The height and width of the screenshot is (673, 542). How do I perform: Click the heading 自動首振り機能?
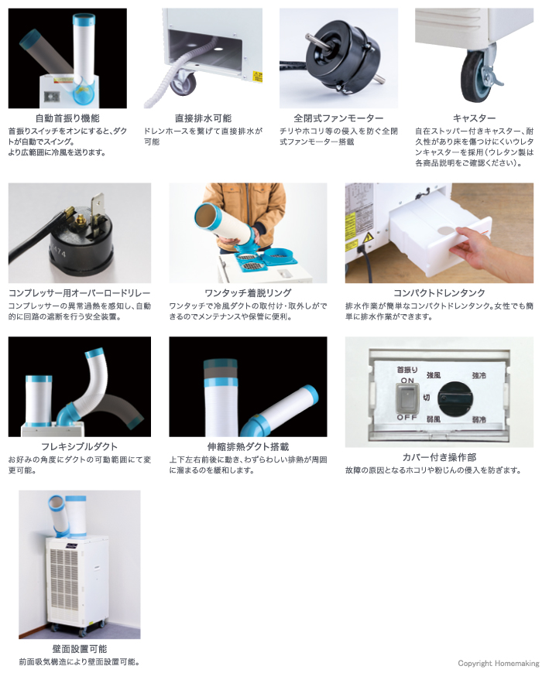pos(67,118)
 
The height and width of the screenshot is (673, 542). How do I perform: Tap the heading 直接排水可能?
pos(202,118)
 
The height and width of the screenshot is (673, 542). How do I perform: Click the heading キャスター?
pos(474,118)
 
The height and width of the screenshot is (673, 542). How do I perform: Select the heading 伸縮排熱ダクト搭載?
pos(248,446)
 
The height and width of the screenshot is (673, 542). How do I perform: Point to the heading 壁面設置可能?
pos(80,649)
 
